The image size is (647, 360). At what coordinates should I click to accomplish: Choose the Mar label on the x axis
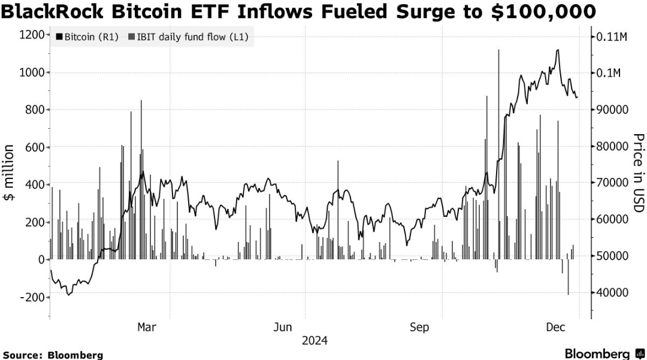147,327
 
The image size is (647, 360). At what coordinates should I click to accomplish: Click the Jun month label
283,327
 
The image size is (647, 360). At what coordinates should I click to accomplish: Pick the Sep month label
419,327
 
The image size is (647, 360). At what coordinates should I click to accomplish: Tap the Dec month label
556,327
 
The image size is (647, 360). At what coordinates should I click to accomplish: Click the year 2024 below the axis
315,341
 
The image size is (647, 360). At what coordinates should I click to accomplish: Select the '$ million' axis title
9,173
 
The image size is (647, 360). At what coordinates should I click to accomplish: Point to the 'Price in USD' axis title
638,173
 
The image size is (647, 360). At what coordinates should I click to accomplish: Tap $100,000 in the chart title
542,11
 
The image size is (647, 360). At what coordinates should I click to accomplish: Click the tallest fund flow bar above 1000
498,155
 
